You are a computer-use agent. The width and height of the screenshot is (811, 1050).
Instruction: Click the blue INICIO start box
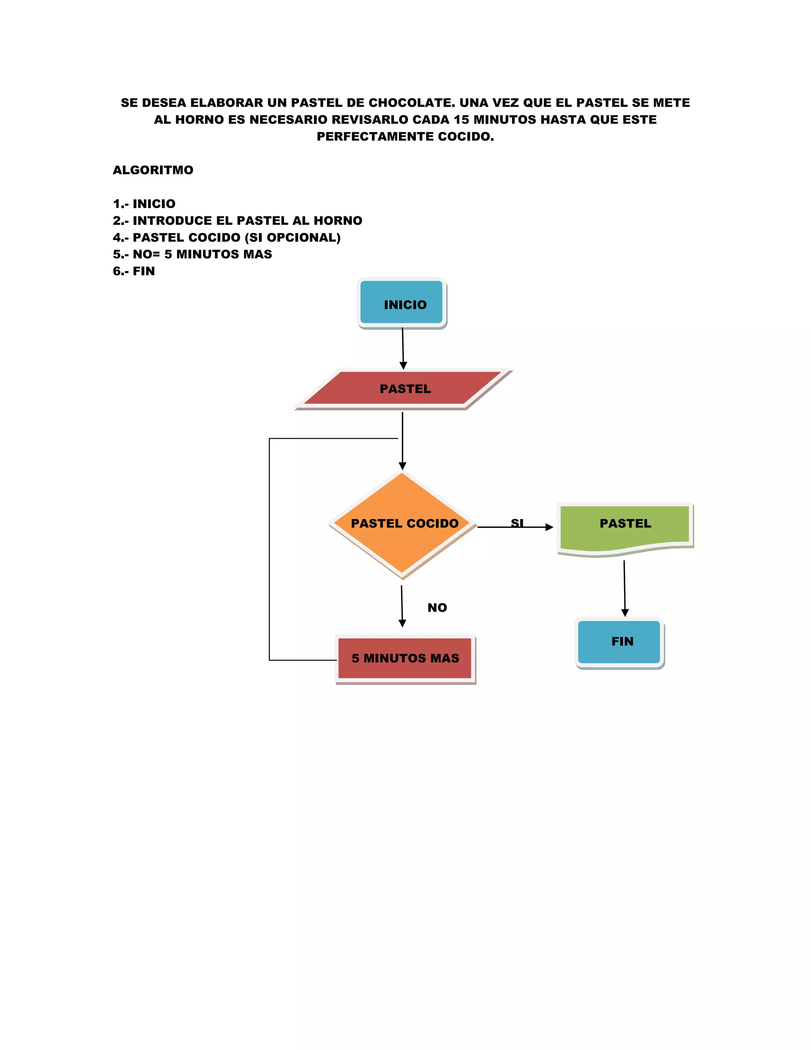(401, 302)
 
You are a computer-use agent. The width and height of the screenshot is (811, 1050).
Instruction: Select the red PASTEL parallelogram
(404, 388)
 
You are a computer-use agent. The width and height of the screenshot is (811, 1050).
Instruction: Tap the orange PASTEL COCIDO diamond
(403, 524)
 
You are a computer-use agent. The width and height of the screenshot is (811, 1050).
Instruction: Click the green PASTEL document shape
(624, 527)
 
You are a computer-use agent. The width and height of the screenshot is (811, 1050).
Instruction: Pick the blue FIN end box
(619, 642)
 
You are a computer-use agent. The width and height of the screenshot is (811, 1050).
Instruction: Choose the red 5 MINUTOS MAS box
(405, 658)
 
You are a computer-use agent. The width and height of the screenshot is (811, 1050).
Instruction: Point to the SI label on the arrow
(517, 522)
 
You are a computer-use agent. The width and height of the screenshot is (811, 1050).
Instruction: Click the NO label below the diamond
(437, 608)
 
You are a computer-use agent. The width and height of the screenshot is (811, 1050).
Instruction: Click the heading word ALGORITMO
(153, 170)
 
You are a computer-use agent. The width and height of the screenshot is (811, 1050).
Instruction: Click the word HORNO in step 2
(338, 221)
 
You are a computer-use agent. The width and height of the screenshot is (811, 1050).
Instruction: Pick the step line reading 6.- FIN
(134, 271)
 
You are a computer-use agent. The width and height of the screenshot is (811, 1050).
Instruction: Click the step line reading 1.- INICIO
(144, 204)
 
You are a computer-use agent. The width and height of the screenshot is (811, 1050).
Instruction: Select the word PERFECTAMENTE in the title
(375, 137)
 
